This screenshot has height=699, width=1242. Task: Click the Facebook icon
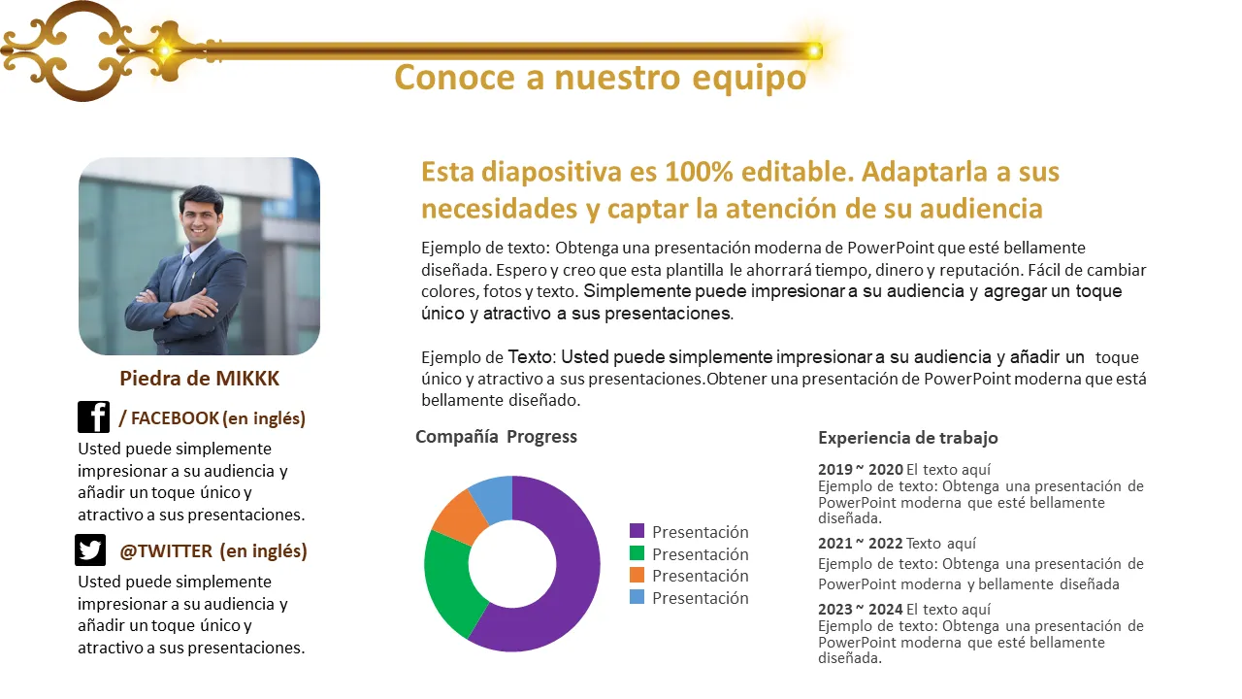[x=94, y=417]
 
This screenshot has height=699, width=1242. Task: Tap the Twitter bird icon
[x=90, y=550]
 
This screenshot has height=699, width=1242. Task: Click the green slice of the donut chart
[x=450, y=580]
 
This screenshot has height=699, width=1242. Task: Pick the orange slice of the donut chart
[x=458, y=515]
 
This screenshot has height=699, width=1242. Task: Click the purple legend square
[x=637, y=531]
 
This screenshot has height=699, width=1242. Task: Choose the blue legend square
[x=637, y=597]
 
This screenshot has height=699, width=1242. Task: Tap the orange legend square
[x=637, y=575]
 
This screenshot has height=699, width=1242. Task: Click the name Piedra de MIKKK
[x=199, y=379]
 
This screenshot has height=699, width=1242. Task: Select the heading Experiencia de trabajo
[x=908, y=438]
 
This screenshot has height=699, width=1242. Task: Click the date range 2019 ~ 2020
[x=861, y=469]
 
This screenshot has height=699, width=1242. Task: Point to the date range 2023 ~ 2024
[x=861, y=609]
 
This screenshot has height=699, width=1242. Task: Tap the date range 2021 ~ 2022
[x=861, y=543]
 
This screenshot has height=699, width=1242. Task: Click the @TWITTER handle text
[x=166, y=550]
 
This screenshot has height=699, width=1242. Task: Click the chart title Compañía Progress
[x=496, y=437]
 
